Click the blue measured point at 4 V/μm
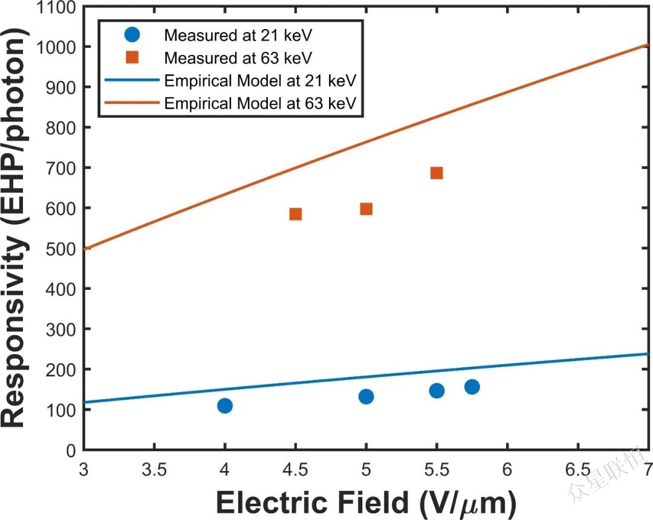tap(225, 405)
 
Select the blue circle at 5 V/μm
tap(366, 396)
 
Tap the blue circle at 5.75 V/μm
tap(472, 387)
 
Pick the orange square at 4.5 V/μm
tap(296, 214)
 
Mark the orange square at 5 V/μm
tap(366, 209)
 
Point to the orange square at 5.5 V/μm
tap(437, 173)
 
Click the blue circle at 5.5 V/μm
tap(437, 391)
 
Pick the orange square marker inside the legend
tap(133, 58)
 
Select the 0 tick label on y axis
tap(71, 450)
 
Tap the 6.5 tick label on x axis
tap(577, 469)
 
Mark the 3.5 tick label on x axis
tap(154, 469)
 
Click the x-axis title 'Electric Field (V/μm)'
tap(366, 502)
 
